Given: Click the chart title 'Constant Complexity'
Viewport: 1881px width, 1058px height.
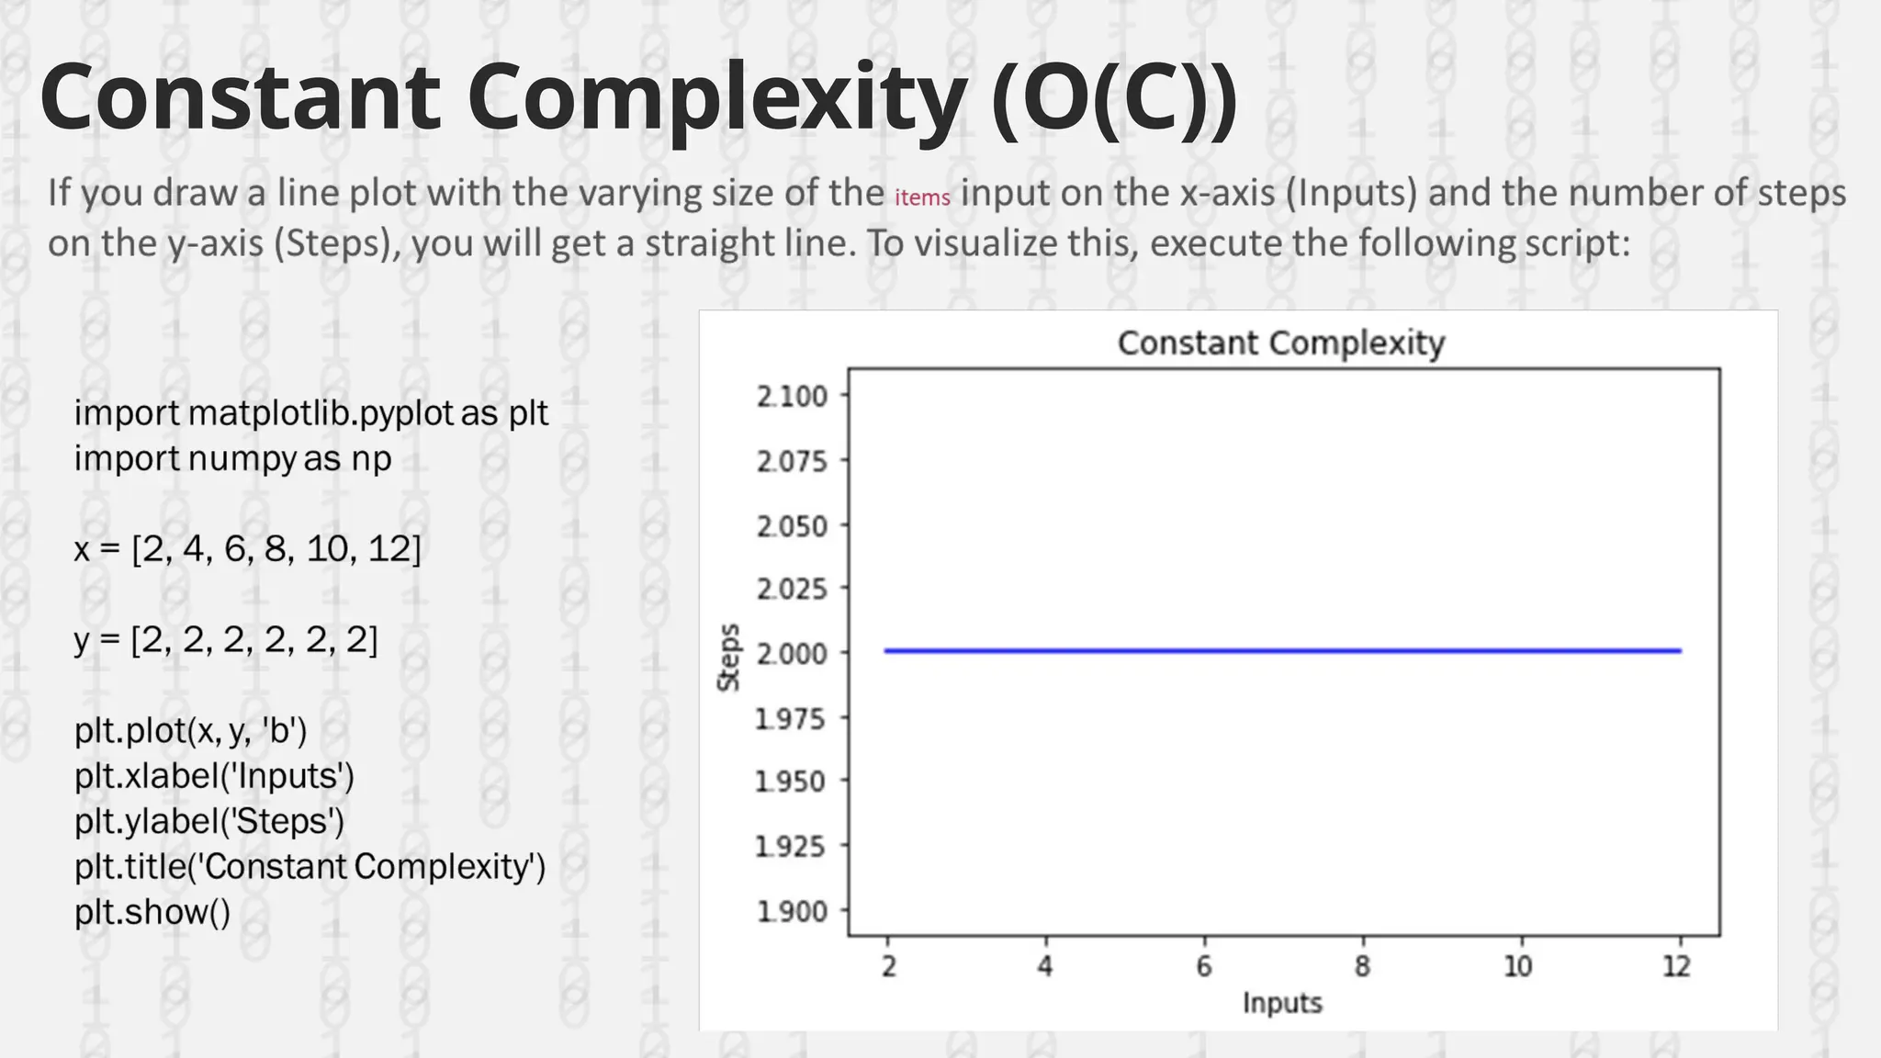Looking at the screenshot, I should tap(1280, 343).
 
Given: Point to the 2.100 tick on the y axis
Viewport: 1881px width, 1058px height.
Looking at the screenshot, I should tap(792, 397).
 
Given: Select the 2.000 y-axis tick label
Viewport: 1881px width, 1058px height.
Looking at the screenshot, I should tap(792, 653).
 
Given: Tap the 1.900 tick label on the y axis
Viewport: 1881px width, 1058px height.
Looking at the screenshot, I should tap(792, 911).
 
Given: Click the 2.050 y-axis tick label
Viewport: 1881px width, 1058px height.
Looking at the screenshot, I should tap(792, 526).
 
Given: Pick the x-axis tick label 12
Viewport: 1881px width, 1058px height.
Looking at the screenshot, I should tap(1677, 966).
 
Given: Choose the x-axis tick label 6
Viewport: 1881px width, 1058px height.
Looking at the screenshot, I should tap(1203, 966).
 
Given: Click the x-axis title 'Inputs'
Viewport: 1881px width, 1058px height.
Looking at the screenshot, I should tap(1282, 1003).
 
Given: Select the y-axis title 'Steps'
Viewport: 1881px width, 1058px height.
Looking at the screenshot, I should tap(728, 657).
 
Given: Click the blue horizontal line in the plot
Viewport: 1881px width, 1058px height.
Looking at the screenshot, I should tap(1282, 651).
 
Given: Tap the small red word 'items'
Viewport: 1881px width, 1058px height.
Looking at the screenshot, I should tap(922, 197).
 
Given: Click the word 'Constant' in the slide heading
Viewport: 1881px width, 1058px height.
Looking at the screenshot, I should tap(240, 97).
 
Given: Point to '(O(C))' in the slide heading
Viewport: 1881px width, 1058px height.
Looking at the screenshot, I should tap(1115, 99).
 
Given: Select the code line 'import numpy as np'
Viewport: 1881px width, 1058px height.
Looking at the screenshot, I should tap(233, 458).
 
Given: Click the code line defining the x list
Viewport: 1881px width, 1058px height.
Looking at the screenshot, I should tap(248, 549).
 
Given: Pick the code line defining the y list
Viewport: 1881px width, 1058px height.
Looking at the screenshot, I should tap(226, 639).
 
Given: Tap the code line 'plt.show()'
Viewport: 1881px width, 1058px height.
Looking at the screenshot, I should tap(152, 912).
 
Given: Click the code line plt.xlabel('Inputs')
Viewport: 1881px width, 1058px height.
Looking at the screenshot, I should tap(214, 776).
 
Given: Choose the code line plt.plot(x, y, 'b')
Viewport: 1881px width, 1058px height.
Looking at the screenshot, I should tap(191, 731).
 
